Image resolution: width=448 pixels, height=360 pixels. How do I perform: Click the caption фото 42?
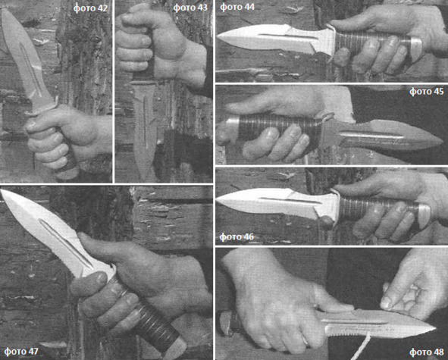[x=90, y=8]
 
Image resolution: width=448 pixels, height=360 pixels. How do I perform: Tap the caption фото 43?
[x=190, y=8]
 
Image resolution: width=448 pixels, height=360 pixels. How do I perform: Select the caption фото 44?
[x=237, y=7]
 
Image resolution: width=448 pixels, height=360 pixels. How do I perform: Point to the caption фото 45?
[x=426, y=92]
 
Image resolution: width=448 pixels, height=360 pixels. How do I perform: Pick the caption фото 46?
[x=237, y=237]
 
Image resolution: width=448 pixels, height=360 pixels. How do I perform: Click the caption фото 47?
[x=21, y=351]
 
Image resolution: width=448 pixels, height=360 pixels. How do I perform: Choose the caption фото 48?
[x=427, y=352]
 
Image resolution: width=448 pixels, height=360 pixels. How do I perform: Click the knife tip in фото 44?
[x=217, y=36]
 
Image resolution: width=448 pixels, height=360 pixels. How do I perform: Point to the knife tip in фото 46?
[x=217, y=202]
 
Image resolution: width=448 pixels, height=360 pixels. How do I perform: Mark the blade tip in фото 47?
[x=2, y=190]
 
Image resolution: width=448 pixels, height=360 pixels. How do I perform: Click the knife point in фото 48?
[x=435, y=328]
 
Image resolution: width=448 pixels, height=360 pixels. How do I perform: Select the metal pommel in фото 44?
[x=416, y=45]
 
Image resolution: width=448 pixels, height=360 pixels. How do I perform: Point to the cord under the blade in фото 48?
[x=362, y=347]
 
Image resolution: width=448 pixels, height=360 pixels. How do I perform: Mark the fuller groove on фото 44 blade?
[x=288, y=36]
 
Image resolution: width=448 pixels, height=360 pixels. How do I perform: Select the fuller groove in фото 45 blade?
[x=371, y=136]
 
